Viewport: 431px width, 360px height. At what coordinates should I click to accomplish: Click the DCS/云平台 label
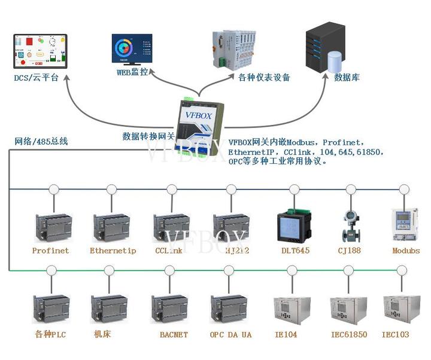coord(37,78)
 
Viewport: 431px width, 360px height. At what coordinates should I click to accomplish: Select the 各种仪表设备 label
coord(264,77)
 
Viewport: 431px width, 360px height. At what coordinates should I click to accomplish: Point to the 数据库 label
coord(347,78)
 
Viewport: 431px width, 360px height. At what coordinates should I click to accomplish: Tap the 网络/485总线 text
coord(41,142)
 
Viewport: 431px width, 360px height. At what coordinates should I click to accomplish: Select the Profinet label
coord(50,251)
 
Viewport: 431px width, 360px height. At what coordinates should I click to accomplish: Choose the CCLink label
coord(168,251)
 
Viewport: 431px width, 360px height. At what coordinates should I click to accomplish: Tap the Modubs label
coord(406,251)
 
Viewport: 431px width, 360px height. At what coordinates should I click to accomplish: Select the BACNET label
coord(174,335)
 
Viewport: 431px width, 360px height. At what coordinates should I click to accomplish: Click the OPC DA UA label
coord(230,335)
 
